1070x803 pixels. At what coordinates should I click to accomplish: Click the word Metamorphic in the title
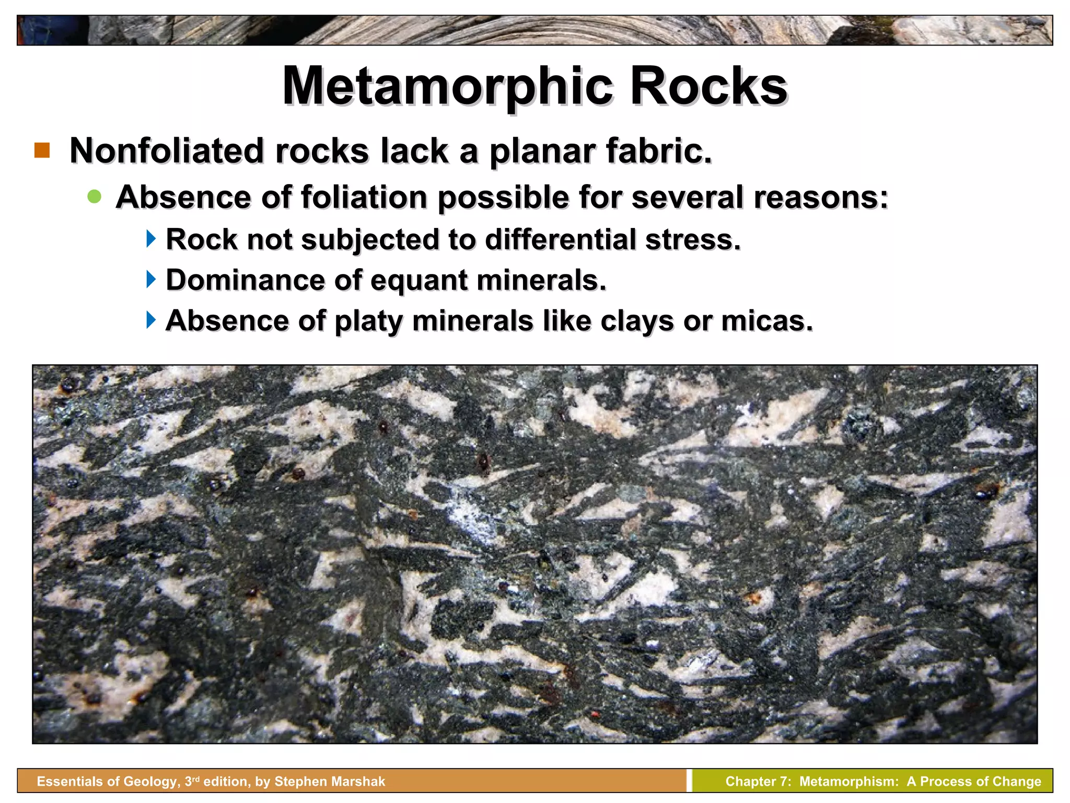point(447,87)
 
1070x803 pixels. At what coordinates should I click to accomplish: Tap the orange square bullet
point(42,151)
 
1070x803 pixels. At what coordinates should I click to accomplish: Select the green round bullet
point(95,197)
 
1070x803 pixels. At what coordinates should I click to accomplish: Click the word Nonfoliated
point(167,151)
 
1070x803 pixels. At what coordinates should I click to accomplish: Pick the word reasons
point(821,198)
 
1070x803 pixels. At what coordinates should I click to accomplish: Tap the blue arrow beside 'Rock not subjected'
point(151,239)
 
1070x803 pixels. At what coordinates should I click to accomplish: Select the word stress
point(693,239)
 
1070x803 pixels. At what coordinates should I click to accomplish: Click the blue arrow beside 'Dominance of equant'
point(151,279)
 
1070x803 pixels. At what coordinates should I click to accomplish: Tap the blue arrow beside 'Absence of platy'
point(151,319)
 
